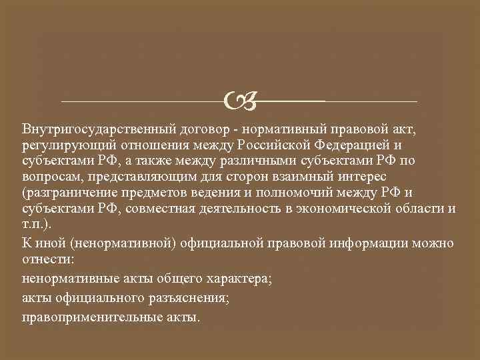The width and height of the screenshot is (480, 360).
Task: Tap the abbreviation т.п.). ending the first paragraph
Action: [36, 225]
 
